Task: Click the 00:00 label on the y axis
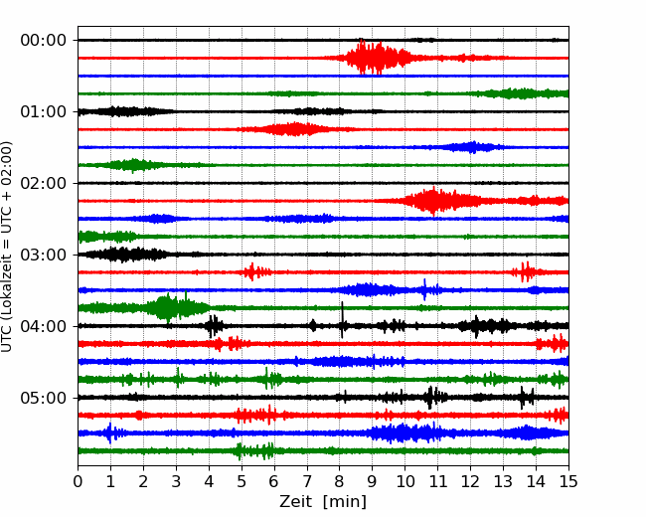tap(44, 41)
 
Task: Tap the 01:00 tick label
tap(44, 111)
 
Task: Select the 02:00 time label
tap(44, 183)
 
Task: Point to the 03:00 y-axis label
tap(44, 255)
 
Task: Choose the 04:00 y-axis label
tap(44, 326)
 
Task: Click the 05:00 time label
tap(44, 398)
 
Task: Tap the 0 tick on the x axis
tap(78, 481)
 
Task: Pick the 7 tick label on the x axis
tap(307, 481)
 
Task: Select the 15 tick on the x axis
tap(568, 481)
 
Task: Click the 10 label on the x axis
tap(404, 481)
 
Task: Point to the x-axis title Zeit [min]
tap(323, 502)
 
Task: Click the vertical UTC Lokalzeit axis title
tap(6, 247)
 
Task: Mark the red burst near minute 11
tap(434, 201)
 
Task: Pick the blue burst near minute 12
tap(472, 147)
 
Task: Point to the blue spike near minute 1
tap(110, 432)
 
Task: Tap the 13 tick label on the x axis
tap(503, 481)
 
